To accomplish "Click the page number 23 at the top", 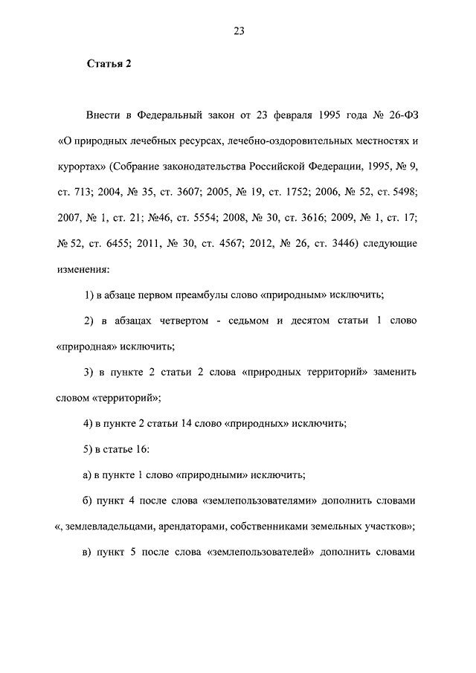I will click(239, 31).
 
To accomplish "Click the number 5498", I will click(399, 189).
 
